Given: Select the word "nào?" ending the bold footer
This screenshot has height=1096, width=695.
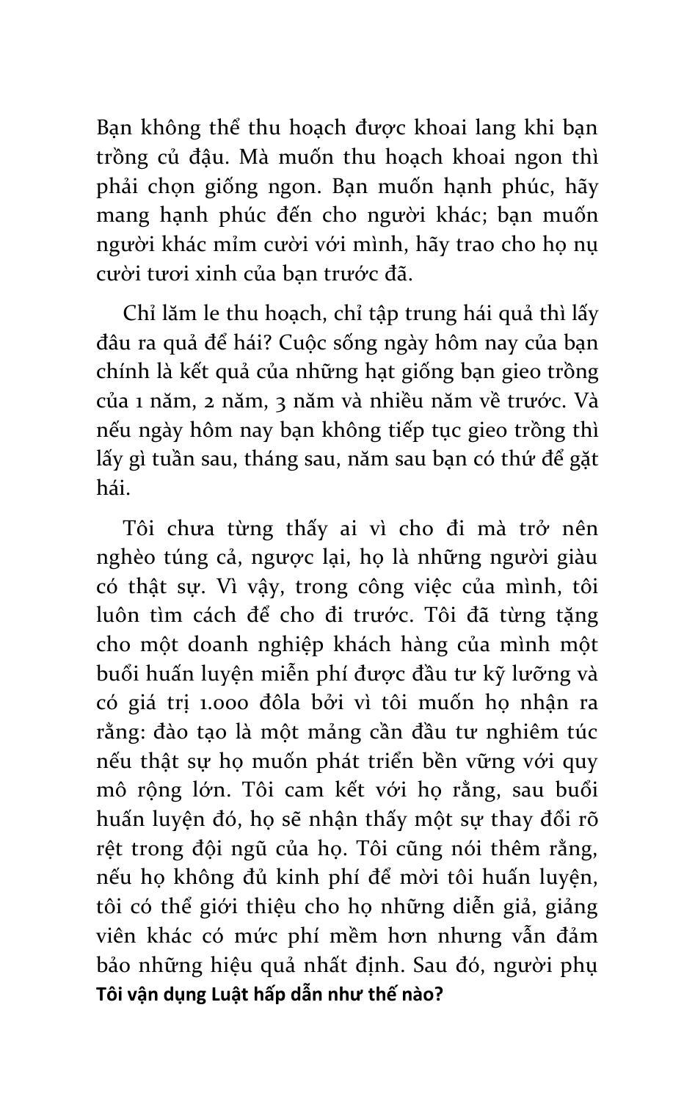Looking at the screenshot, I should click(x=420, y=995).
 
